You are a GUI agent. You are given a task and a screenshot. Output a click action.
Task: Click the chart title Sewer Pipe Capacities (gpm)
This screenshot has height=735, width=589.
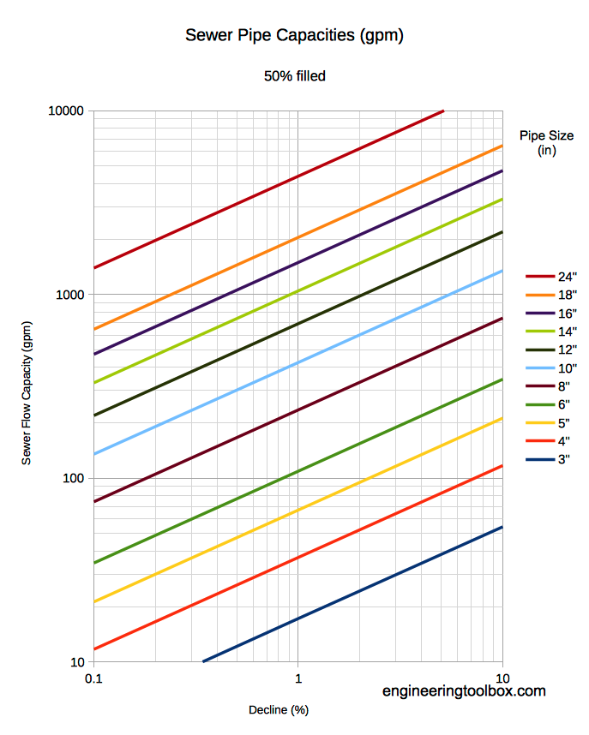pos(294,36)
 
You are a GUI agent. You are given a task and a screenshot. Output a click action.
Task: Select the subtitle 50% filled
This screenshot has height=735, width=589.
pos(295,76)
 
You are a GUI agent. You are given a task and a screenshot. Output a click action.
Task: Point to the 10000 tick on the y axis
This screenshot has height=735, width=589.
pos(66,111)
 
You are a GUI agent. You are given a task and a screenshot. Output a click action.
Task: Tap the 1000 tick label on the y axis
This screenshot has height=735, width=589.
pos(69,295)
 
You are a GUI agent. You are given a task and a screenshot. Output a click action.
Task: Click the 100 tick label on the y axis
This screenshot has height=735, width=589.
pos(73,479)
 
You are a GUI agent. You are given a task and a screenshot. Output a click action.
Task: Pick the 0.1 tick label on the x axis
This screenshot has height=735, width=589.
pos(93,678)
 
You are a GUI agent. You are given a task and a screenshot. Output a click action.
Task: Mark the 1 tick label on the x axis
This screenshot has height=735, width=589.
pos(298,678)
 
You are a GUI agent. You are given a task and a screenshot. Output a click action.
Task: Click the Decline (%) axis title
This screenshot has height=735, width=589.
pos(279,710)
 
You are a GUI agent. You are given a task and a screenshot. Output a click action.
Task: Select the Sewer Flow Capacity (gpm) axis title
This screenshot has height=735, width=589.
pos(27,393)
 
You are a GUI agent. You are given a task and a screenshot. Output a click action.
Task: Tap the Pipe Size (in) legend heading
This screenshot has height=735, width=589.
pos(546,143)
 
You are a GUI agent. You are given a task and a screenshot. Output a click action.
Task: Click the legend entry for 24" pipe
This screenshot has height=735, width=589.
pos(551,277)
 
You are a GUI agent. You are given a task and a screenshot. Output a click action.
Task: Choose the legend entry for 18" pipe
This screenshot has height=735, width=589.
pos(551,295)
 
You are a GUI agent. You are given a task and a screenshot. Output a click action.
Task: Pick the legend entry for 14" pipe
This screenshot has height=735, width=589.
pos(551,332)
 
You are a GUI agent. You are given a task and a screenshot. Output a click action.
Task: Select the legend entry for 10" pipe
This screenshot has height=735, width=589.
pos(551,368)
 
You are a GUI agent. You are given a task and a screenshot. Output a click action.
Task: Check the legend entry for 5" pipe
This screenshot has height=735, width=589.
pos(548,423)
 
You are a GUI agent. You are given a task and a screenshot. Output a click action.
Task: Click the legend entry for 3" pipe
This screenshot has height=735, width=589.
pos(548,459)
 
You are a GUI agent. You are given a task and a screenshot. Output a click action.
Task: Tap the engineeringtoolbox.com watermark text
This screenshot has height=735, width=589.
pos(464,691)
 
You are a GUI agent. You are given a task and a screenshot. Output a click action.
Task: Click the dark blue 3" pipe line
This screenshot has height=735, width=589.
pos(353,595)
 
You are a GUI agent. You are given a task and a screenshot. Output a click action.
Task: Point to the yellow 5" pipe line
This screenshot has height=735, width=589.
pos(298,510)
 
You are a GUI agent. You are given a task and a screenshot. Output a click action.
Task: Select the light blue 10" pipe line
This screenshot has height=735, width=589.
pos(298,363)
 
